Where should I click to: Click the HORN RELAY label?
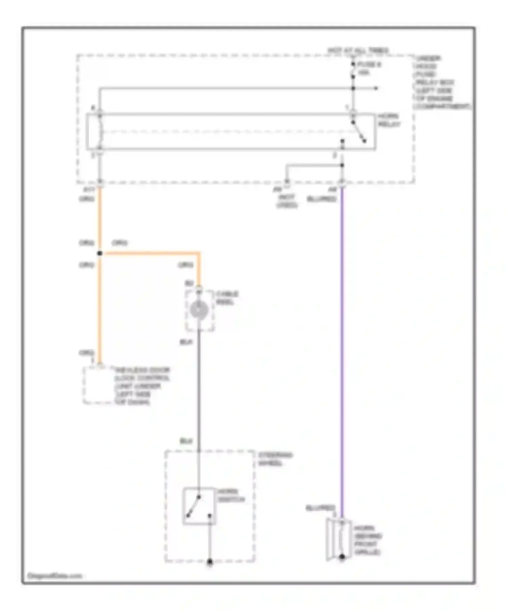(x=389, y=120)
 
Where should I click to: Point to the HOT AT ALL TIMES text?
(x=358, y=51)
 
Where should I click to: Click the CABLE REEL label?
(x=227, y=298)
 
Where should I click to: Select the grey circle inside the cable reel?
(x=199, y=310)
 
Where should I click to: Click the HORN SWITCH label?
(x=231, y=495)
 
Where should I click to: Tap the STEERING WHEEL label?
(x=275, y=459)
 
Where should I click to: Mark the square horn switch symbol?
(x=199, y=506)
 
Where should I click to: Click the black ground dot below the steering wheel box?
(x=209, y=561)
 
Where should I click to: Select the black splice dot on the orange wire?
(x=100, y=253)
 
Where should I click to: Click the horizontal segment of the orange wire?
(x=152, y=253)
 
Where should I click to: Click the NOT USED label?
(x=287, y=201)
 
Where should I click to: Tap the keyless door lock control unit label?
(x=142, y=386)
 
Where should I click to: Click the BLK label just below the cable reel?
(x=186, y=342)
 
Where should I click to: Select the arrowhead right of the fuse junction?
(x=376, y=88)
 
